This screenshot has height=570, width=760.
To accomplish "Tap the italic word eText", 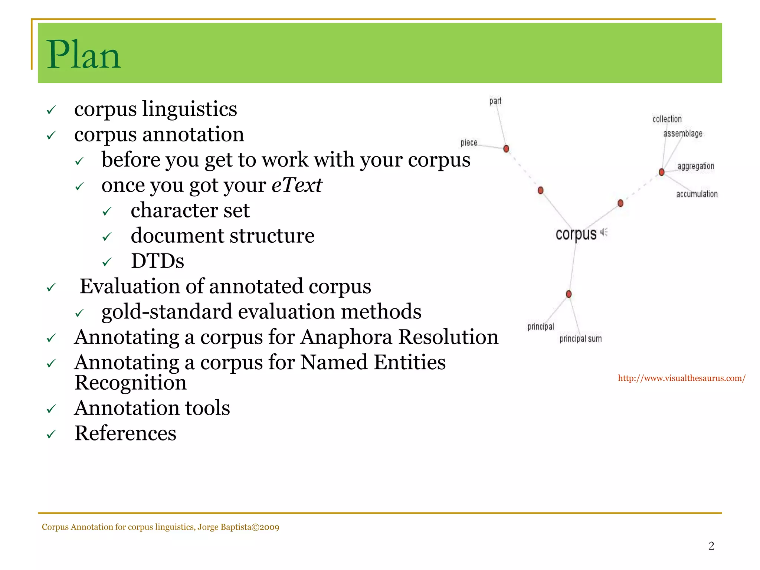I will coord(297,185).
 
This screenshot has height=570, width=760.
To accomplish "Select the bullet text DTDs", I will coord(157,261).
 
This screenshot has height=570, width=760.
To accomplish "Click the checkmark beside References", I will coord(51,434).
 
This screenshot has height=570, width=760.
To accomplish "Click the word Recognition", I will coord(130,383).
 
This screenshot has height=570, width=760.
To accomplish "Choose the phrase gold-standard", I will coord(163,311).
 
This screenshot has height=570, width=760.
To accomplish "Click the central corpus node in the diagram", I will coord(576,234).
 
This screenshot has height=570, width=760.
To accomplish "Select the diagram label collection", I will coord(667,119).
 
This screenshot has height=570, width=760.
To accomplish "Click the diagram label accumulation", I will coord(697,194).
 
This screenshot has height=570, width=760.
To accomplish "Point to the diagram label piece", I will coord(469,142).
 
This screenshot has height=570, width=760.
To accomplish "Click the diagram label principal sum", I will coord(580,339).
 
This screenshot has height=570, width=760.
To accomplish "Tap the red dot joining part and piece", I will coord(506,149).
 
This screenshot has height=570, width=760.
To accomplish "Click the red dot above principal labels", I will coord(569,294).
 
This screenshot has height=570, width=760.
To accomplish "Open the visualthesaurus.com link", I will coord(681,378).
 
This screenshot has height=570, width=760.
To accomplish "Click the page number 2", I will coord(711,546).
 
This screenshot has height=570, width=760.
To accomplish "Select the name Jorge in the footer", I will coord(208,527).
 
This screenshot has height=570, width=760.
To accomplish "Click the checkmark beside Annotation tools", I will coord(51,409).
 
